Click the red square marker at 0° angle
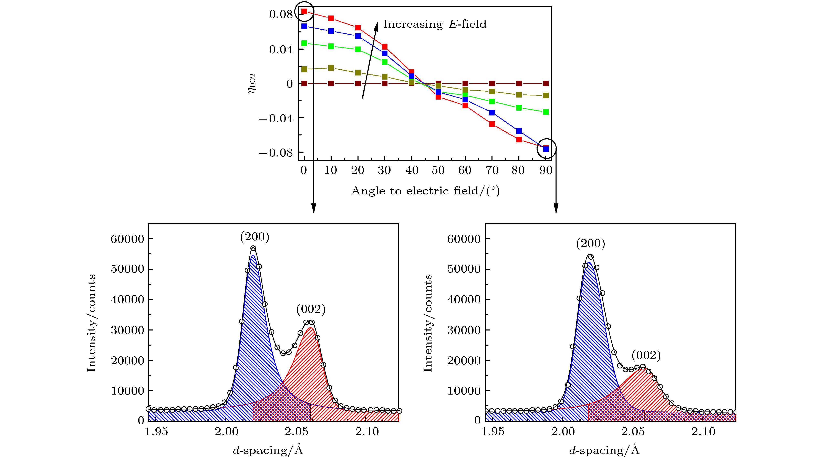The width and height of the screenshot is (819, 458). [x=304, y=11]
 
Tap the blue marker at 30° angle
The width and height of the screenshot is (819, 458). [x=385, y=53]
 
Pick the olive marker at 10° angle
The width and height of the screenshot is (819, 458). [x=331, y=68]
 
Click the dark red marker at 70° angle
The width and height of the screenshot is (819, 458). [x=492, y=84]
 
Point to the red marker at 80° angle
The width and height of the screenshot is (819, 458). [x=519, y=139]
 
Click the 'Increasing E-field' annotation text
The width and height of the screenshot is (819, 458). [x=434, y=24]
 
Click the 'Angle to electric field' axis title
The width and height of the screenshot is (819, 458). [x=425, y=191]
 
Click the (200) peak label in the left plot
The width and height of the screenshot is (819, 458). [x=255, y=237]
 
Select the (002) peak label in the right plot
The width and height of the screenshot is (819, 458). [x=646, y=355]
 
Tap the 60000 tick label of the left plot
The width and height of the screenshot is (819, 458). [x=127, y=239]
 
